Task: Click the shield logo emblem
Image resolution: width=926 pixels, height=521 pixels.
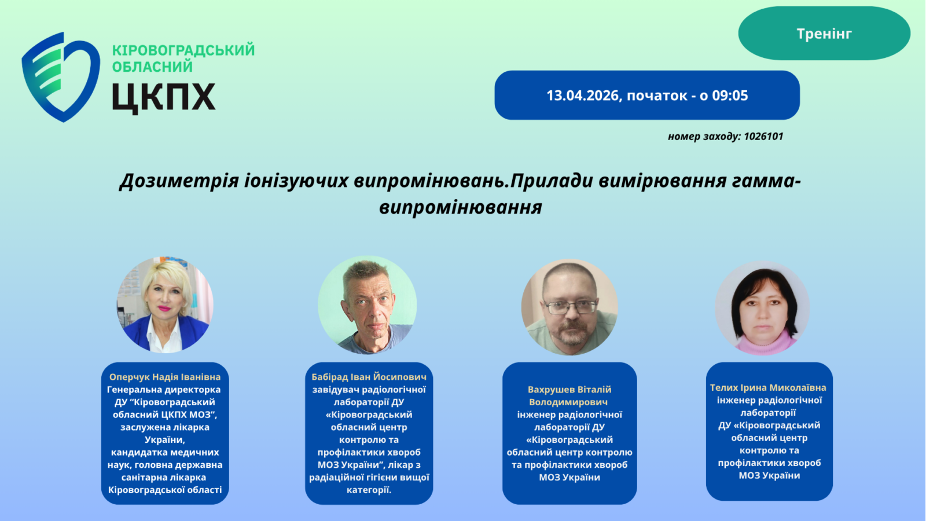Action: pos(61,78)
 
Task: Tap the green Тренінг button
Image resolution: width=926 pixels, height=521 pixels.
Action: pos(824,34)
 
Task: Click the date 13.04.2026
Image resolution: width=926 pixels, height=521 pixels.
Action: pos(582,96)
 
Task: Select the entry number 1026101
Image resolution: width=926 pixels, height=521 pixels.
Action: pos(763,137)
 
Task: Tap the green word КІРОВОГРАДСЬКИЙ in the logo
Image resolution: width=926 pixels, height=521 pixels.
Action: pos(183,50)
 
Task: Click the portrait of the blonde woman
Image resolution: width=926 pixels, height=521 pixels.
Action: pos(165,304)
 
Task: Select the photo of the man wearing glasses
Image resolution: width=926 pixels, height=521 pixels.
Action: pos(569,307)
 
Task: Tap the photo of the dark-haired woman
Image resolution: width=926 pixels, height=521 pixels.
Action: pos(762,308)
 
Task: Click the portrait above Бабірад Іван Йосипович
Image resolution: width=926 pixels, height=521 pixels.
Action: pos(368,304)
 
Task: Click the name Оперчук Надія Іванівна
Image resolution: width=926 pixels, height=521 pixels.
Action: pos(165,377)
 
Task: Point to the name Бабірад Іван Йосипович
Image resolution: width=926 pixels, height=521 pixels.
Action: pos(369,377)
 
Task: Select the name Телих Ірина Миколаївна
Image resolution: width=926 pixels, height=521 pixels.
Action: pos(768,388)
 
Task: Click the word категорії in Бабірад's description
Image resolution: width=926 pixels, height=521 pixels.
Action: pos(369,490)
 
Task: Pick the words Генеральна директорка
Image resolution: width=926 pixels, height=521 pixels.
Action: pos(164,390)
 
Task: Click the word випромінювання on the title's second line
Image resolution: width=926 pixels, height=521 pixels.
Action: pos(461,208)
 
